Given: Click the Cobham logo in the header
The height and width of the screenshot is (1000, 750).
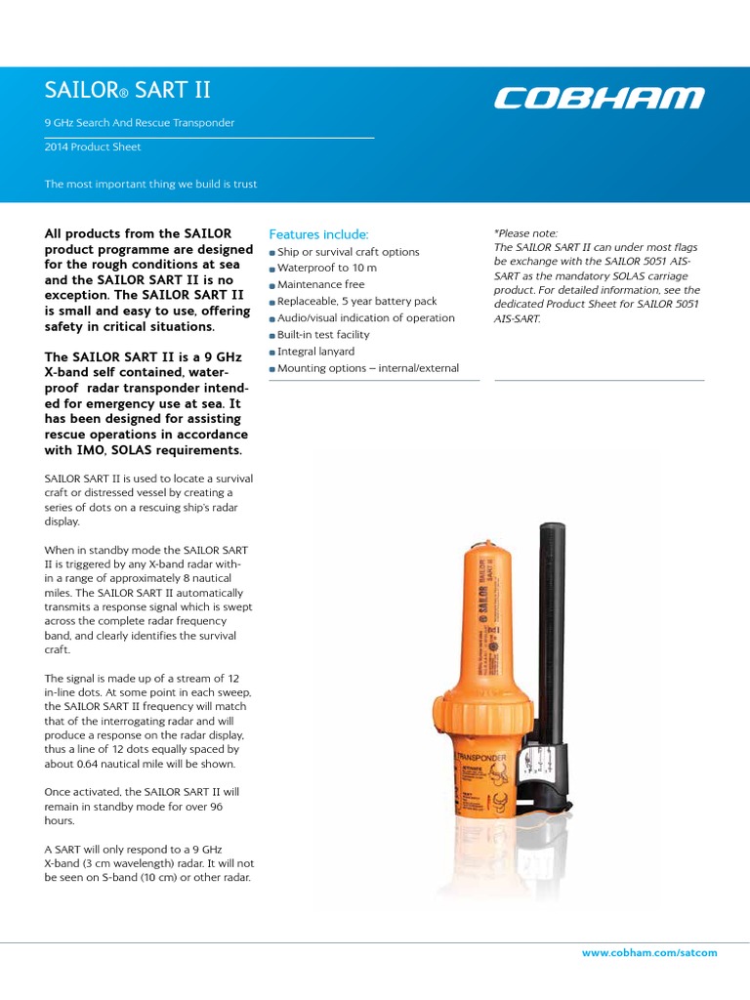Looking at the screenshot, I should tap(599, 98).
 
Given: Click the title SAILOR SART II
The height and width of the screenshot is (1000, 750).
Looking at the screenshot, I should tap(127, 92).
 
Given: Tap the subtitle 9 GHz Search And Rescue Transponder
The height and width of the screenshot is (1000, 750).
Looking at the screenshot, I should tap(140, 123).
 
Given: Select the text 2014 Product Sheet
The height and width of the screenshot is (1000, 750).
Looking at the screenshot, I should tap(93, 147).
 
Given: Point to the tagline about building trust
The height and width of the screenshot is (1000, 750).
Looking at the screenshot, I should tap(151, 184).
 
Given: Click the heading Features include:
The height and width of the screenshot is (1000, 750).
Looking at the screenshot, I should tap(318, 234).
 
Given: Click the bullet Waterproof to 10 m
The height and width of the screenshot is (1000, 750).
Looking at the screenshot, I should tap(327, 269).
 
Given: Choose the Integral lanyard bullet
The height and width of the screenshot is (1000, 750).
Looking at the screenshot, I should tap(316, 352).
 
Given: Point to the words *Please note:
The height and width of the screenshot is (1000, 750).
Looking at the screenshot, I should tap(526, 233).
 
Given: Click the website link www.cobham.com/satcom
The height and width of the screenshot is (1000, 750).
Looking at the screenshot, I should tap(649, 952).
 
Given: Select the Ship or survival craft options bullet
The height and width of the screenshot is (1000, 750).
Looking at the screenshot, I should tap(348, 252).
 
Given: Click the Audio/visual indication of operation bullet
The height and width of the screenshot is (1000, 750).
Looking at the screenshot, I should tap(366, 318).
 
